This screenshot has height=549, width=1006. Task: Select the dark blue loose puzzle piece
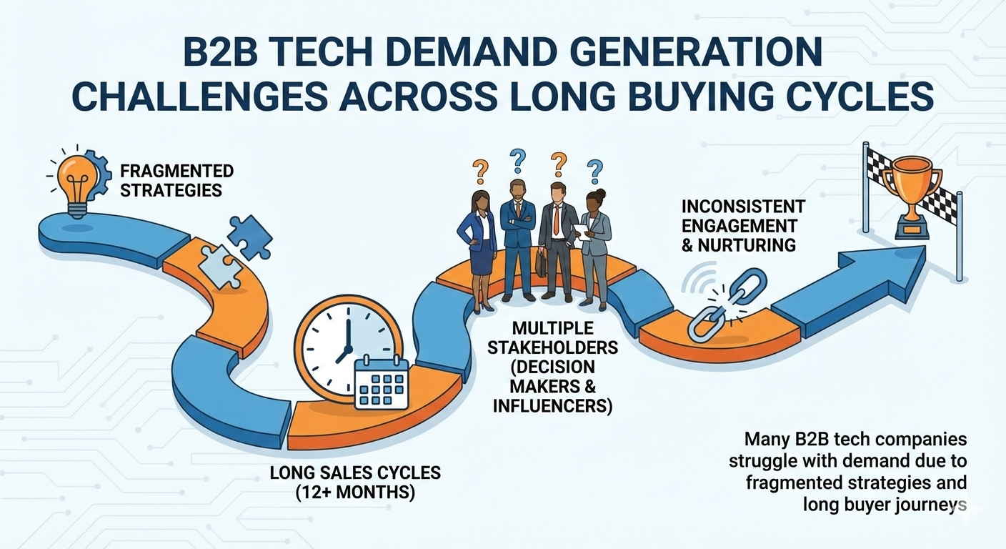249,237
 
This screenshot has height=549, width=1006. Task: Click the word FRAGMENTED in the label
176,171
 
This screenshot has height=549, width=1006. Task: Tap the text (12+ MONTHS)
355,493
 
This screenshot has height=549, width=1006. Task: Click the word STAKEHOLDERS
553,347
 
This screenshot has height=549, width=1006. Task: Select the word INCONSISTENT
743,207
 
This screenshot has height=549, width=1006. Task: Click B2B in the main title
221,53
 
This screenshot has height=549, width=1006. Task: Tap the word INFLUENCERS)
553,406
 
